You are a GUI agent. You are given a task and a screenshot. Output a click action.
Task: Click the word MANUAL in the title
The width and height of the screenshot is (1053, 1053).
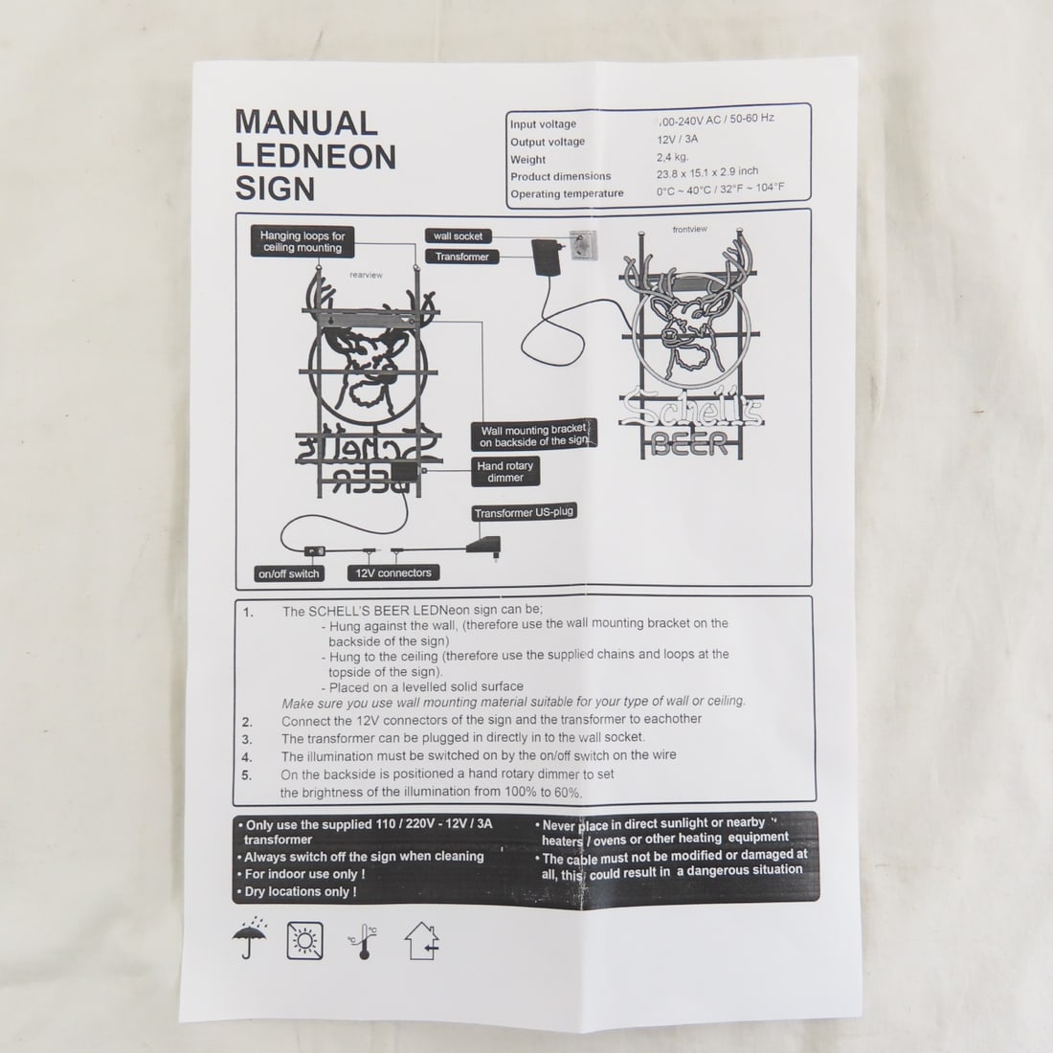click(x=306, y=123)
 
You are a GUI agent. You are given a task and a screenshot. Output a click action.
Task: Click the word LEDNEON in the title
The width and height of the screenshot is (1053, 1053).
click(x=316, y=156)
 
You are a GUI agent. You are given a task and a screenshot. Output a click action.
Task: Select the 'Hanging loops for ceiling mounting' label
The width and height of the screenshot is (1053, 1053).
click(x=302, y=242)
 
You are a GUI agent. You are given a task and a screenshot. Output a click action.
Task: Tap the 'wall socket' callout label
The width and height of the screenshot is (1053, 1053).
click(x=458, y=235)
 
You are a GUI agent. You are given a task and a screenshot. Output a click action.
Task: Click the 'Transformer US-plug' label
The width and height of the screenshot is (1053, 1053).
click(x=524, y=512)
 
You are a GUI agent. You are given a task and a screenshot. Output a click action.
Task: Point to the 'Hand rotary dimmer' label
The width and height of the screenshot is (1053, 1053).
click(x=505, y=471)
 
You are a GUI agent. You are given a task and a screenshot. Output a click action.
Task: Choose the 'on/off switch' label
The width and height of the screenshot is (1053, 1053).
click(x=289, y=573)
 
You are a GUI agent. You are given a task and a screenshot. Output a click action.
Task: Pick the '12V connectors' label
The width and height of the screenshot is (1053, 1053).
click(x=393, y=572)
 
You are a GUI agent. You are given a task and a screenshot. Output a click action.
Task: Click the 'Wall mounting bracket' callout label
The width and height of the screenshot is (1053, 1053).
click(x=534, y=436)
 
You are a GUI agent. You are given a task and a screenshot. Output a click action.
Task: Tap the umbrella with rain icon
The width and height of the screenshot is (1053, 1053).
click(x=249, y=938)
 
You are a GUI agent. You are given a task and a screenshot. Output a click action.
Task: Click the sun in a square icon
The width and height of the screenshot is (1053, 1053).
click(x=304, y=940)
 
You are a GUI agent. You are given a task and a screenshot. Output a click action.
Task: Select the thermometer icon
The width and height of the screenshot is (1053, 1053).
click(x=364, y=942)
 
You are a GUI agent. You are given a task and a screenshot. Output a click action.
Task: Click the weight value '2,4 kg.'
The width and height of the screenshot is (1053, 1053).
click(x=672, y=157)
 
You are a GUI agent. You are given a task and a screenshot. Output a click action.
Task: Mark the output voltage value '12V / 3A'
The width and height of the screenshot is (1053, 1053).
click(x=677, y=140)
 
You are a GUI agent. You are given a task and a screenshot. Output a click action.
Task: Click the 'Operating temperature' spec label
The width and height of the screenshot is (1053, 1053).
click(x=567, y=194)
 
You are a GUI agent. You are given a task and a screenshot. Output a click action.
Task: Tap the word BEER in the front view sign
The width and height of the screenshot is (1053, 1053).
click(x=689, y=444)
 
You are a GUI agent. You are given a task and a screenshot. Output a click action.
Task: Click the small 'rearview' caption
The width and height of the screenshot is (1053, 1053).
click(x=366, y=275)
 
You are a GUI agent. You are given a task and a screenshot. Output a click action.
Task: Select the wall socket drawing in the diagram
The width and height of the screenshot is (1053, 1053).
click(x=583, y=244)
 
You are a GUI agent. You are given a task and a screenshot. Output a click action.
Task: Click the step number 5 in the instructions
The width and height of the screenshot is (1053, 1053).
click(x=246, y=775)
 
